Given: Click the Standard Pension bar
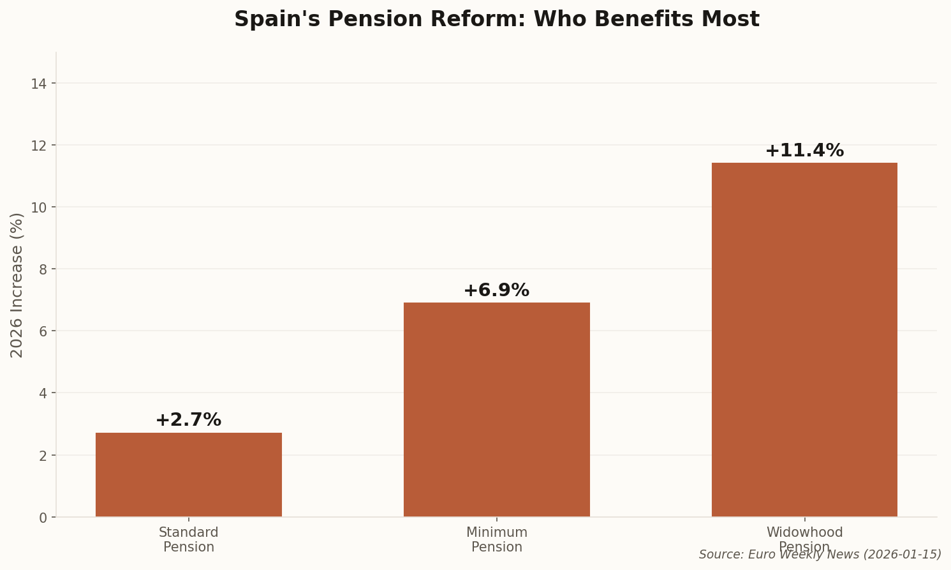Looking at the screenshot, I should tap(189, 475).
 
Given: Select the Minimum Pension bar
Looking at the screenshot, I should tap(496, 410).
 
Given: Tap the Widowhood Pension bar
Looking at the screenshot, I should tap(804, 340).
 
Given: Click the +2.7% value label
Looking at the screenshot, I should tap(188, 420).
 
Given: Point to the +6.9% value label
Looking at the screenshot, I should tap(496, 290).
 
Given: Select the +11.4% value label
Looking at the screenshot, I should tap(804, 151).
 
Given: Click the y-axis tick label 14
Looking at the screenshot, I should tap(39, 84).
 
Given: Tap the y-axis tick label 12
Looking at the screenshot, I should tap(39, 146).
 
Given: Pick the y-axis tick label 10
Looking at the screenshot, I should tap(39, 207).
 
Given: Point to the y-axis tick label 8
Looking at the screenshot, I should tap(43, 269).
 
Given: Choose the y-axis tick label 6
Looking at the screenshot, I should tap(43, 331).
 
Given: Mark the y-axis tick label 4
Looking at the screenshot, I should tap(43, 393).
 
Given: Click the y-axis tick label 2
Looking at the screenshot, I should tap(43, 456).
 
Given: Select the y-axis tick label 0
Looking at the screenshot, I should tap(43, 518).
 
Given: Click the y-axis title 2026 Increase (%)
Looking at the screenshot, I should tap(17, 285).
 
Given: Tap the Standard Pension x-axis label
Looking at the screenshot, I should tap(189, 540).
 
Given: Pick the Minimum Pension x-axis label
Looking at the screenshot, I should tap(496, 540).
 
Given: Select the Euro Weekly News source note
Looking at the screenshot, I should tap(820, 555).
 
